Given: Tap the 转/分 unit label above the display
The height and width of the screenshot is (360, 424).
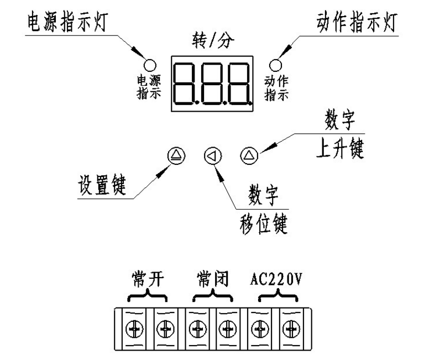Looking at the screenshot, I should [x=212, y=40].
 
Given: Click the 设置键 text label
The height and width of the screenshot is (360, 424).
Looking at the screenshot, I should [x=101, y=188].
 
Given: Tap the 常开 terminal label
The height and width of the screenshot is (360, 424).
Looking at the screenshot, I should [x=145, y=278].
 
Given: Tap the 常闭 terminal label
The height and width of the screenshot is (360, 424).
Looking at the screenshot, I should [x=210, y=278].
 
